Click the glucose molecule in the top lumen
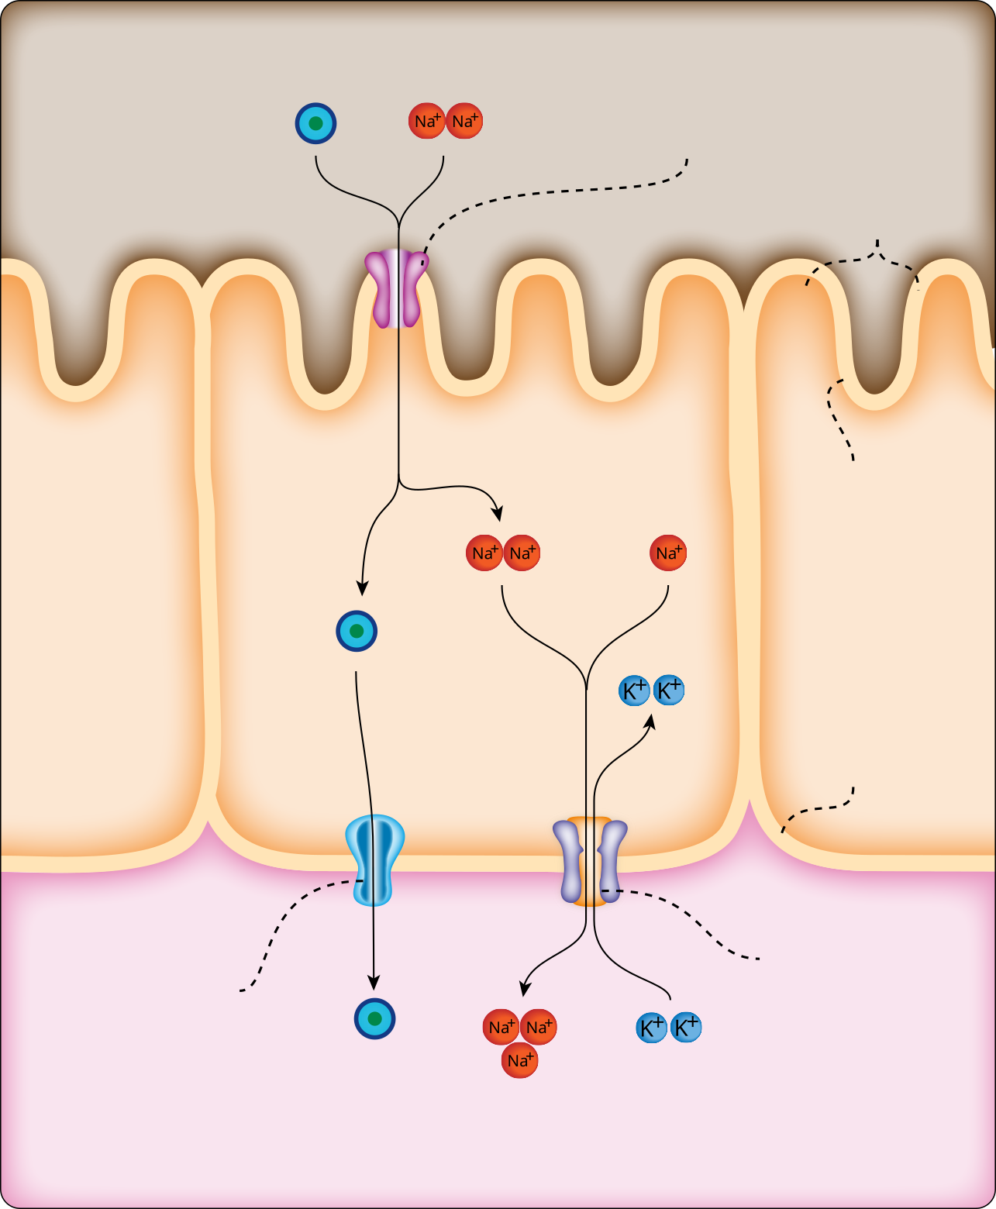pos(315,123)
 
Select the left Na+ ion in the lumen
pos(426,121)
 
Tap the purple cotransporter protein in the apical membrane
pos(396,288)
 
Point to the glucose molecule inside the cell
pos(357,631)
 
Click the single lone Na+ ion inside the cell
pos(667,553)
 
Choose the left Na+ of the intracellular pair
pos(484,553)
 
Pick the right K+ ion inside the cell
pos(669,690)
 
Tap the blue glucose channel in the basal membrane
pos(374,859)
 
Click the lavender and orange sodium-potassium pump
pos(590,860)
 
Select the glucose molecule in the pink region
pos(375,1018)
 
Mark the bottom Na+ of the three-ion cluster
pos(519,1060)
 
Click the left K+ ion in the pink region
pos(651,1028)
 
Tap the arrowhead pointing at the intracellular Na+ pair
pos(498,513)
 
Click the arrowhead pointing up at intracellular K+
pos(650,722)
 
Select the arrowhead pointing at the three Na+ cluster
pos(525,988)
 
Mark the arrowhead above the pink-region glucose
pos(374,983)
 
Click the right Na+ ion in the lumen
pos(464,121)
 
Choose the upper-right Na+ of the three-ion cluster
pos(538,1028)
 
